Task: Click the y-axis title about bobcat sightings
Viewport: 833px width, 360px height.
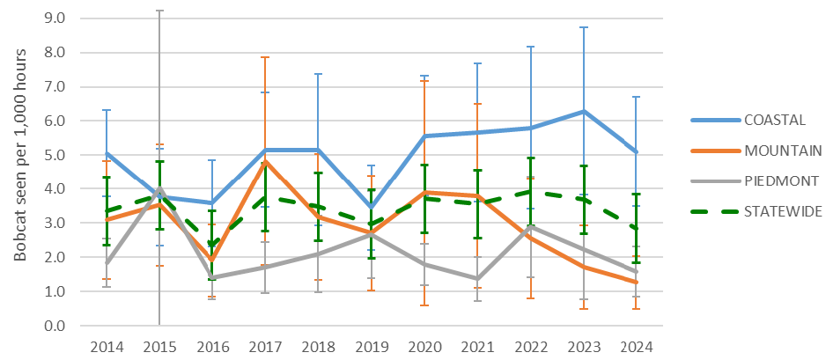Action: [21, 155]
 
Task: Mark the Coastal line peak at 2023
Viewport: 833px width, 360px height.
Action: [584, 112]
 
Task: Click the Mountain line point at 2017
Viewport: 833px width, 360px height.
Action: [266, 162]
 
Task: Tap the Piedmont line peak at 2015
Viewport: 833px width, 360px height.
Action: [159, 188]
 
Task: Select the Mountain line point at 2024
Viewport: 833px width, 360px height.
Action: [637, 282]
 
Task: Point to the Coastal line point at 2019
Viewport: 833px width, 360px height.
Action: [372, 208]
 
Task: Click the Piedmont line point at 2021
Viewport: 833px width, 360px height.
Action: [478, 278]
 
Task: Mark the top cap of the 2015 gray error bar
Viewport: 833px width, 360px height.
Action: [159, 11]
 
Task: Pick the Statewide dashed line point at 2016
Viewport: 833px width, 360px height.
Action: [212, 246]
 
